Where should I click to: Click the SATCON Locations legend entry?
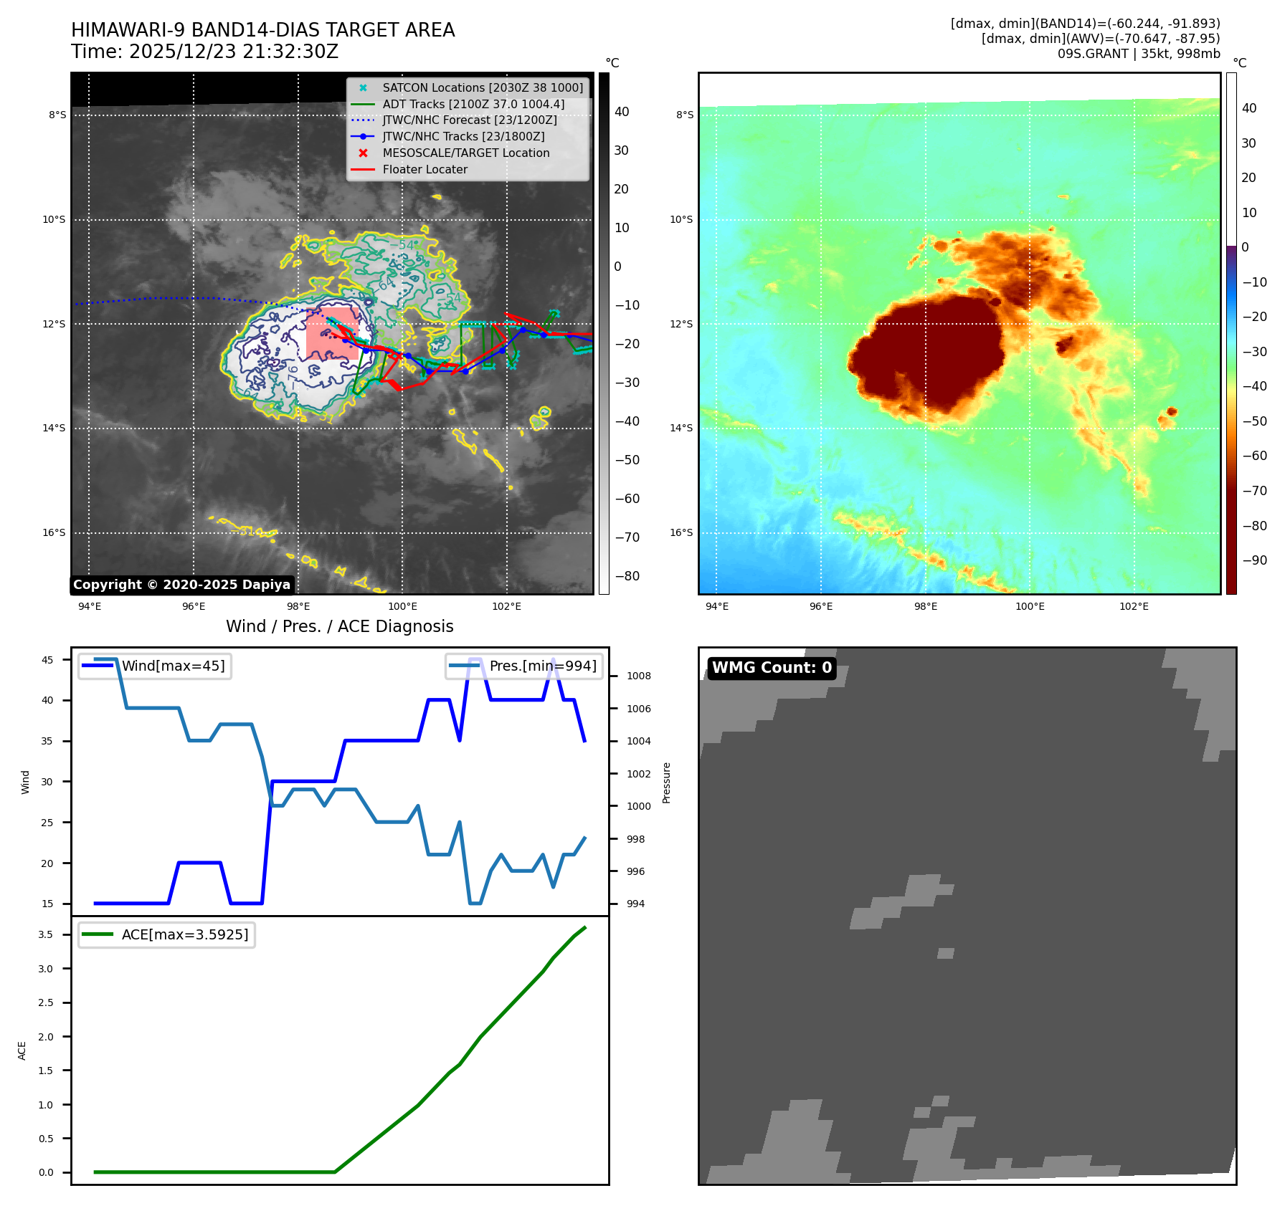(483, 87)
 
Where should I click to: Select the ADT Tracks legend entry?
(473, 104)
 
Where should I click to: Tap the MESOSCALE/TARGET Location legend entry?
(466, 153)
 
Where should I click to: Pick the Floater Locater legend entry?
(425, 169)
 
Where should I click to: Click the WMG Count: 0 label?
(772, 668)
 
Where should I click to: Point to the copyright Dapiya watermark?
(181, 585)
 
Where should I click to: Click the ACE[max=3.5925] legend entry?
(185, 934)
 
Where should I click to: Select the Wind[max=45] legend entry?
(173, 666)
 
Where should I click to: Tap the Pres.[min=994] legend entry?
(543, 666)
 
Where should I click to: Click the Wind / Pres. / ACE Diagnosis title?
(340, 626)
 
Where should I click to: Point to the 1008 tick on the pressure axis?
(638, 676)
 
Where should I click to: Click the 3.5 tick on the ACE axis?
(46, 934)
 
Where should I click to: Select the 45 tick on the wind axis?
(47, 660)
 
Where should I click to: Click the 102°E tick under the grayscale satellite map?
(506, 606)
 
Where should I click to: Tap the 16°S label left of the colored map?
(681, 532)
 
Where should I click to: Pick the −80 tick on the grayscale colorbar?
(627, 576)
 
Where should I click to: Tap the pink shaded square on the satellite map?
(332, 333)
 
